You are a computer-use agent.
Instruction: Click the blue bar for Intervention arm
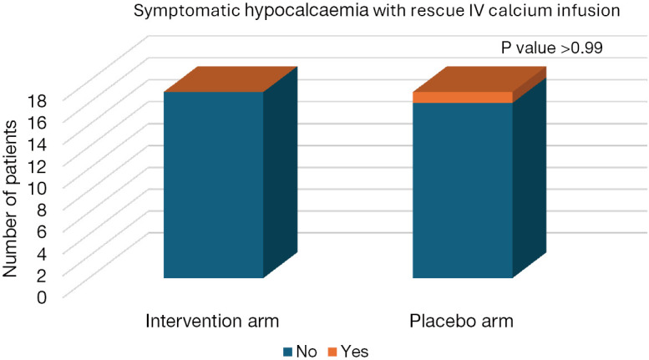tap(214, 185)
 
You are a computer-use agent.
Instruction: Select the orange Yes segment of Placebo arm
tap(463, 97)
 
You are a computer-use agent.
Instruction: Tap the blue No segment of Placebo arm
tap(463, 190)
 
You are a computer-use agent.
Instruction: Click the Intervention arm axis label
tap(212, 321)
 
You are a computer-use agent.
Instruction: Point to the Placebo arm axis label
tap(461, 321)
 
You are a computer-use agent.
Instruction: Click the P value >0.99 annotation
tap(552, 48)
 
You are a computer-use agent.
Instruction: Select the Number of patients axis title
tap(10, 199)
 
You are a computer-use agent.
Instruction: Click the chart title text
tap(377, 10)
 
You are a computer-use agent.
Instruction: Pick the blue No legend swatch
tap(288, 352)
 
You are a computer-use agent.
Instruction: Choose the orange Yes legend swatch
tap(332, 352)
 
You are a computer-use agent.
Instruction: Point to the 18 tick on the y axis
tap(38, 100)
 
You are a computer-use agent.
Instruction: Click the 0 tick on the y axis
tap(43, 297)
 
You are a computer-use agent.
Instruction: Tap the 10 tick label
tap(38, 187)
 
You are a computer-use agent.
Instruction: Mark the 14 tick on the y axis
tap(38, 144)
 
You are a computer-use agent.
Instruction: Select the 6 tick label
tap(43, 231)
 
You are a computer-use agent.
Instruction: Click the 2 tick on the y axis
tap(43, 275)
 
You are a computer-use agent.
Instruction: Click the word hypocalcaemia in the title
tap(307, 11)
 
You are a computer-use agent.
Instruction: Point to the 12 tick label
tap(38, 166)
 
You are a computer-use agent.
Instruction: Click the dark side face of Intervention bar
tap(281, 172)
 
